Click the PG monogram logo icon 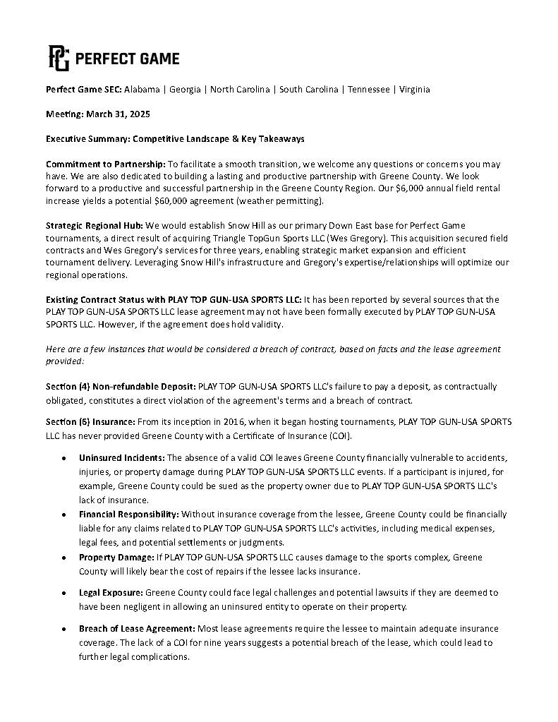58,58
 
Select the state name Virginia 414,90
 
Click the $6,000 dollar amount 394,189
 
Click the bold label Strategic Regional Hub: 94,226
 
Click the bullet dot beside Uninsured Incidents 64,458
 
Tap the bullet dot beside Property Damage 64,558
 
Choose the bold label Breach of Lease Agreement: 137,628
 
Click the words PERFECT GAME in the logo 127,59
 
